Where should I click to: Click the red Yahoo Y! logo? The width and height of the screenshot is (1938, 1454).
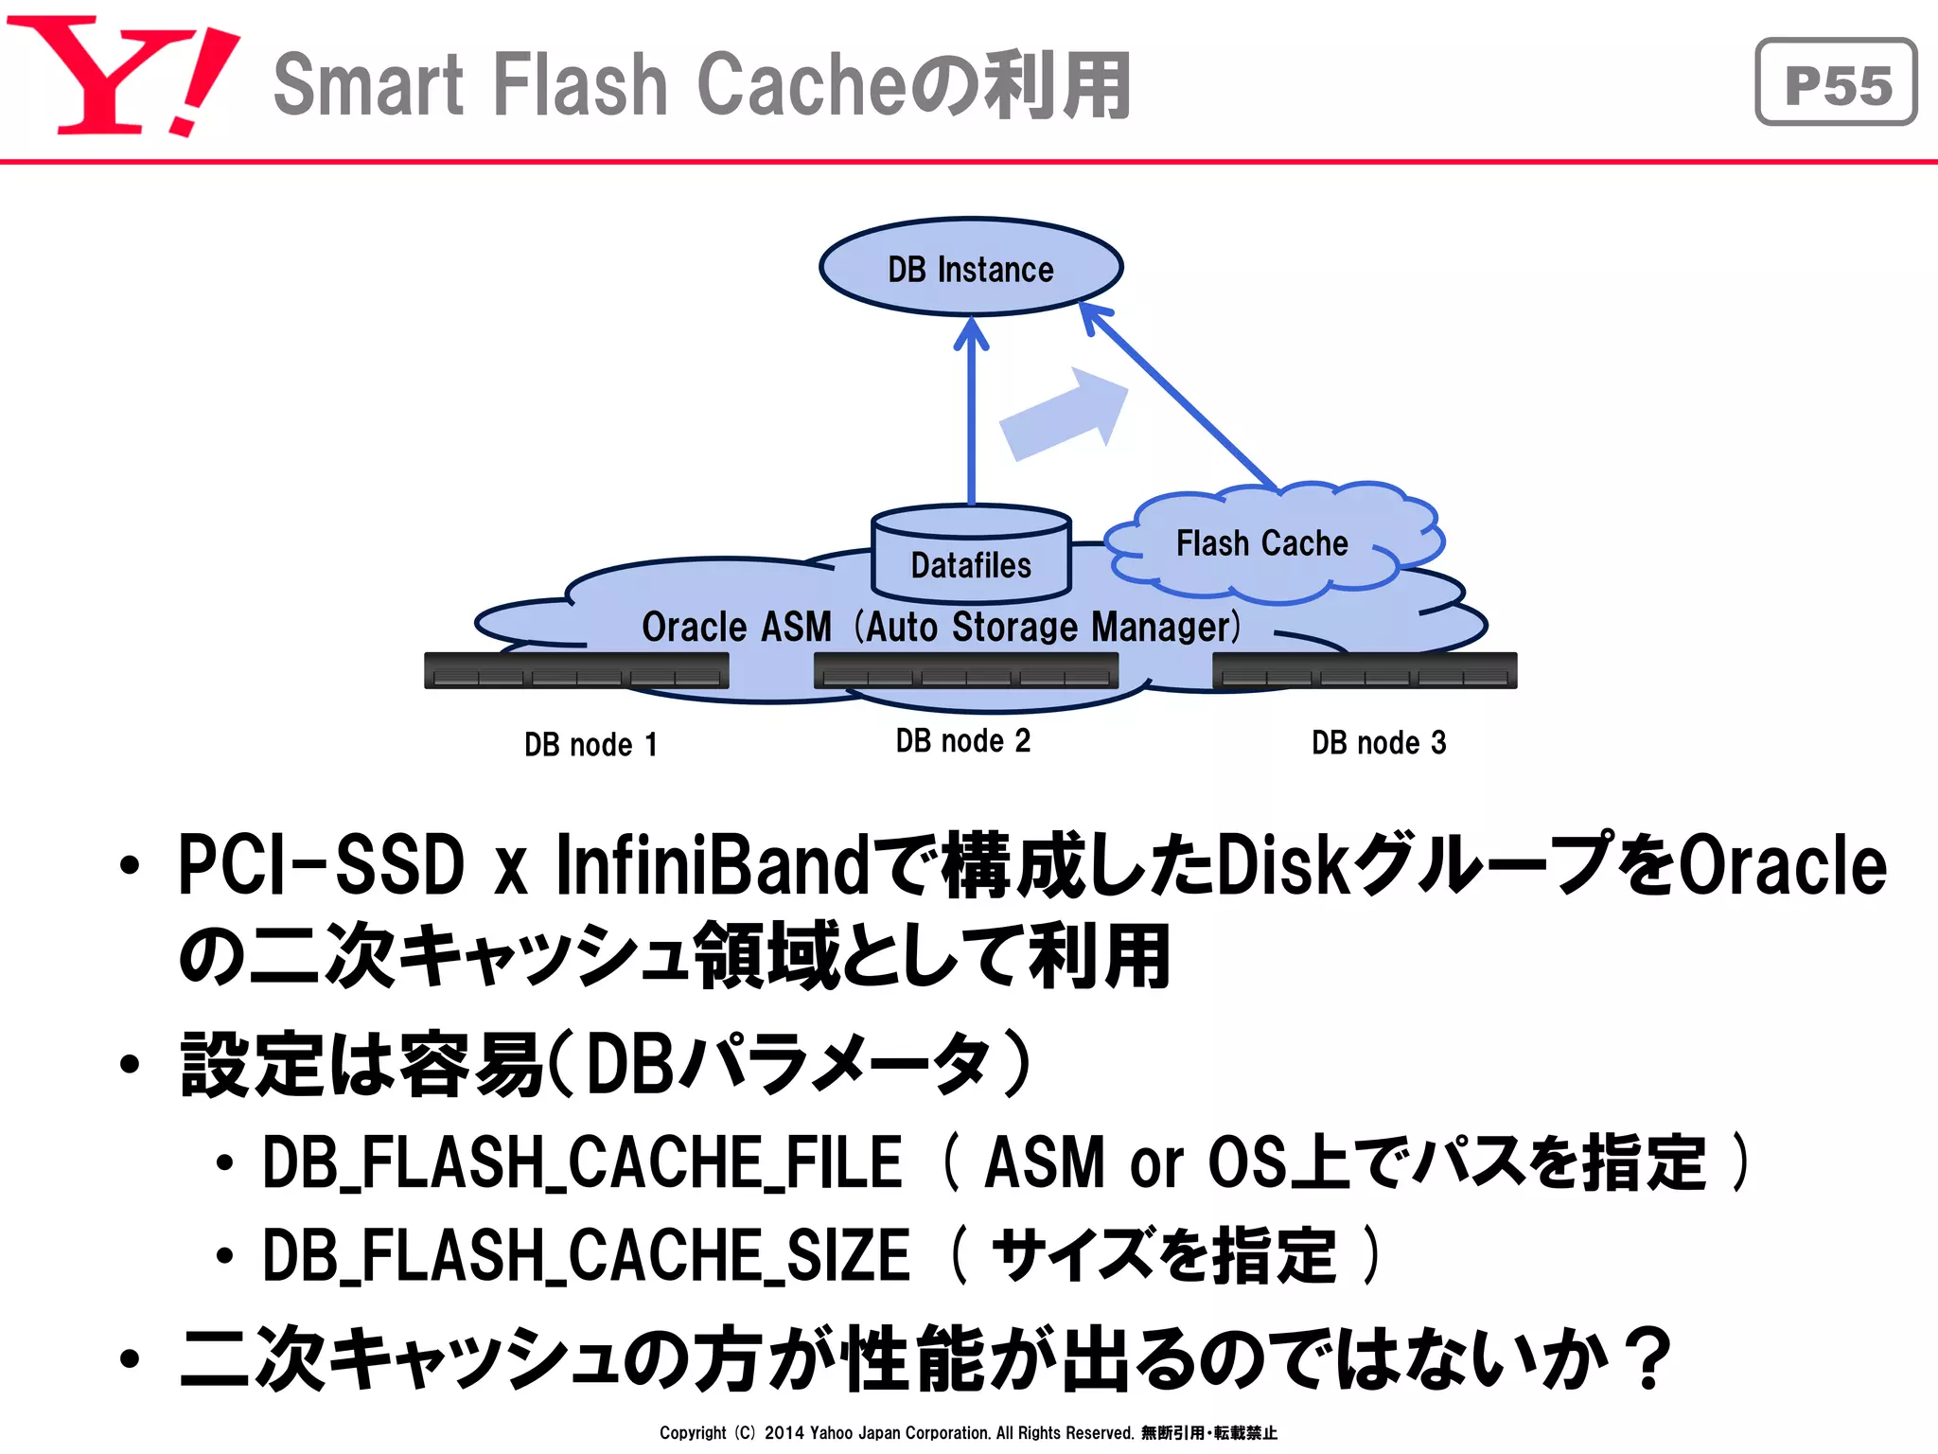click(123, 76)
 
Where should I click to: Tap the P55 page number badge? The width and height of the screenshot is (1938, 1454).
click(1836, 82)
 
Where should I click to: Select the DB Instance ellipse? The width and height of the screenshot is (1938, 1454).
click(970, 268)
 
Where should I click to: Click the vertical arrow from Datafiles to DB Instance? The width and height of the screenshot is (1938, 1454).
click(971, 417)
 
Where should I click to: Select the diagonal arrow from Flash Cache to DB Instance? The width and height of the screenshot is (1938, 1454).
click(1183, 398)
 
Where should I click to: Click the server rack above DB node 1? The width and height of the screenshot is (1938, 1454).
click(576, 670)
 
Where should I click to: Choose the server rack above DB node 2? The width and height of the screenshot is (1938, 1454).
click(966, 670)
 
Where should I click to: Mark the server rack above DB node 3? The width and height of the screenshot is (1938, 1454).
click(1365, 670)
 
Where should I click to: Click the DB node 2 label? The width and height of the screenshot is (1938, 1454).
click(963, 740)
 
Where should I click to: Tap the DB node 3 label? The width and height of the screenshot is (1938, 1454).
click(1379, 742)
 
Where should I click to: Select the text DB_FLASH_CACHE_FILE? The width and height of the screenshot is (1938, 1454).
click(582, 1162)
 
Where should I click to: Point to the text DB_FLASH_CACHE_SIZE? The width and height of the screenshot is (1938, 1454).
click(586, 1255)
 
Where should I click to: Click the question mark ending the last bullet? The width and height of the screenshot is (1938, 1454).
click(1651, 1359)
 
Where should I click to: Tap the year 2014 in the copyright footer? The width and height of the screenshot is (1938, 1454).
click(784, 1433)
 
